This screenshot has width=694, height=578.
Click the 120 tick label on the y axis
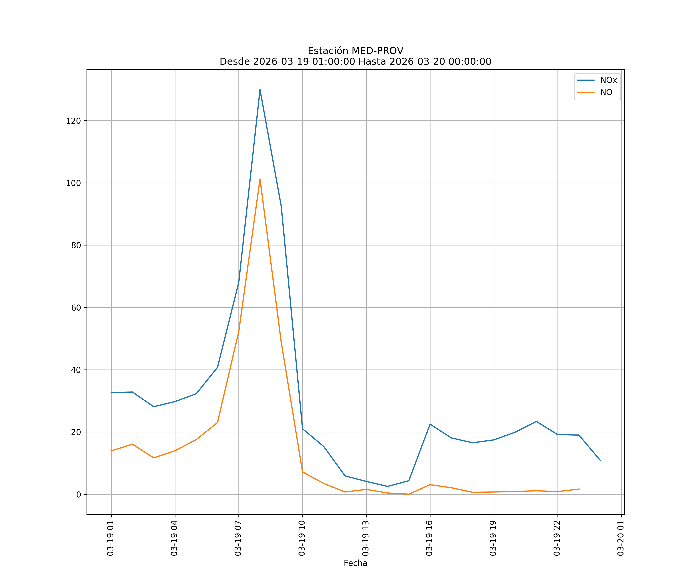point(73,121)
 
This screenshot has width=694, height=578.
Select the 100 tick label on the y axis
point(73,183)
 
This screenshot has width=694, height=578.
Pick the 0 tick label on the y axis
point(78,495)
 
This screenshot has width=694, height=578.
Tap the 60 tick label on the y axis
point(76,308)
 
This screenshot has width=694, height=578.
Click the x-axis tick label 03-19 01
point(110,538)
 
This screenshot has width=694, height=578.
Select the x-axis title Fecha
point(355,563)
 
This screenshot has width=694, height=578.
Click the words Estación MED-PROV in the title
point(355,51)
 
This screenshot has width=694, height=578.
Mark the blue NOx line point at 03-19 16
point(430,424)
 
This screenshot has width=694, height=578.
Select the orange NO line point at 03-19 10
point(302,472)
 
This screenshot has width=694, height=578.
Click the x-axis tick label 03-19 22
point(557,538)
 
